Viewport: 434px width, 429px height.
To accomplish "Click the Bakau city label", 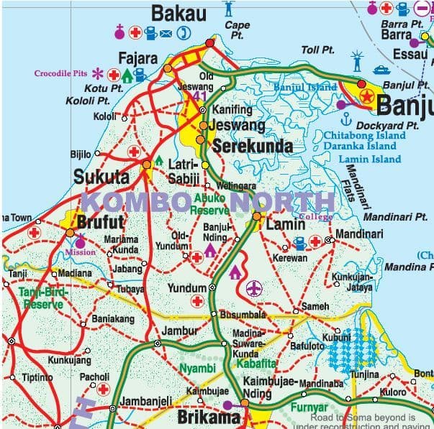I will pos(178,13).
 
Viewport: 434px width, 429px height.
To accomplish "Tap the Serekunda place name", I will pos(252,147).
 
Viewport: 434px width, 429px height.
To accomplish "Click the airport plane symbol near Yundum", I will pos(253,288).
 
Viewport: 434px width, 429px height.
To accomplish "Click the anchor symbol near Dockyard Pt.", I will pos(345,117).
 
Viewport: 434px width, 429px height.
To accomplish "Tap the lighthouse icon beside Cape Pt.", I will pos(230,9).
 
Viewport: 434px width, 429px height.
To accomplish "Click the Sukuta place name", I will pos(101,177).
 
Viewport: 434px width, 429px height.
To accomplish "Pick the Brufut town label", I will pos(101,221).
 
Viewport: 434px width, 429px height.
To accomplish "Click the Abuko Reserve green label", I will pos(210,205).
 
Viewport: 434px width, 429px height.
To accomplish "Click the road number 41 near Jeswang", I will pos(201,96).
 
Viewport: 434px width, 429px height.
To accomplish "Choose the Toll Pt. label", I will pos(319,50).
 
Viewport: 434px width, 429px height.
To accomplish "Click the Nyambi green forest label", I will pos(196,369).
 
